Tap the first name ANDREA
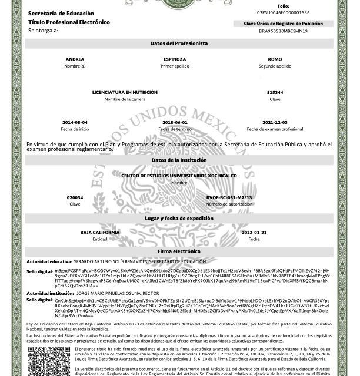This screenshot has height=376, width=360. click(75, 60)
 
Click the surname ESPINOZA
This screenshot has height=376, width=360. click(175, 60)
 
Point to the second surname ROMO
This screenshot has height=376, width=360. click(275, 60)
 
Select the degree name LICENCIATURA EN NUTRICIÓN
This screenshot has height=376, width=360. click(125, 93)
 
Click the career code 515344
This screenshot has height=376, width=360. click(275, 93)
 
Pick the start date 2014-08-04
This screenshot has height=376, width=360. click(75, 122)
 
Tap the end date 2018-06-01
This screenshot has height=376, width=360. click(175, 122)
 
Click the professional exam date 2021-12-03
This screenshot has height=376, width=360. click(275, 122)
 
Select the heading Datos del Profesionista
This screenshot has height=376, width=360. click(179, 44)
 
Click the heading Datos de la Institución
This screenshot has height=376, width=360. click(179, 160)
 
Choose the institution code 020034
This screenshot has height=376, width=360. click(75, 198)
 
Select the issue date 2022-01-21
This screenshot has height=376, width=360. click(254, 233)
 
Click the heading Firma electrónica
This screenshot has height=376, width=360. click(179, 251)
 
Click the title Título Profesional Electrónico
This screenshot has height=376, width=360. click(69, 22)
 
